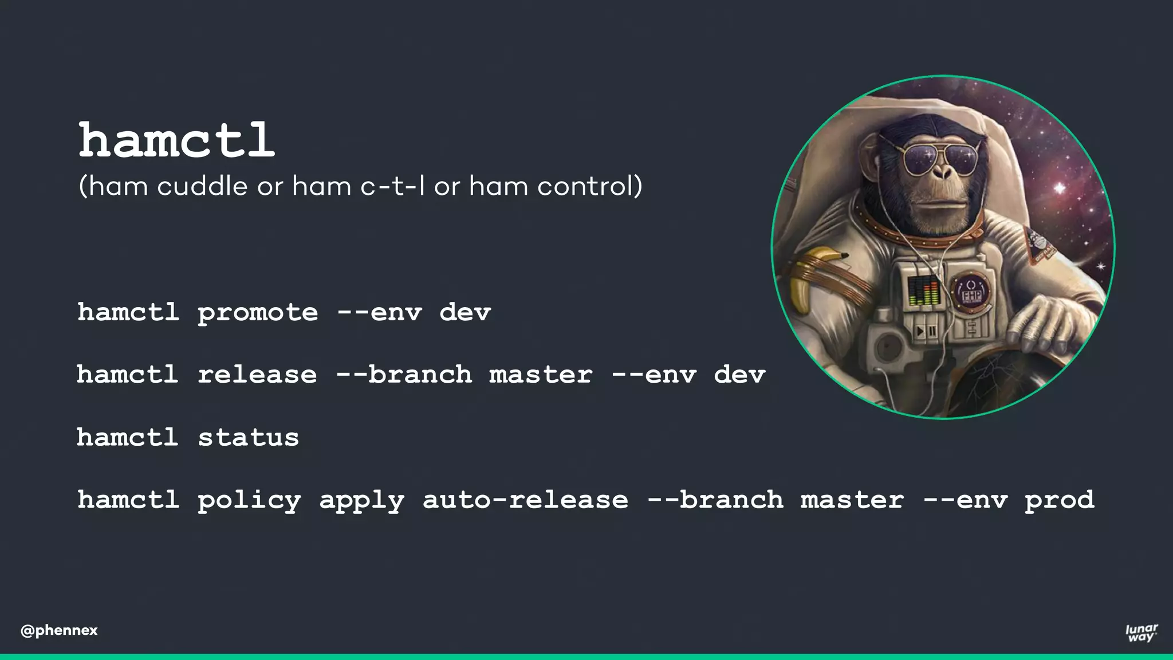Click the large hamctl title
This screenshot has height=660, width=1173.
click(x=176, y=140)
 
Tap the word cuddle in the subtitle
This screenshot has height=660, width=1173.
click(x=202, y=186)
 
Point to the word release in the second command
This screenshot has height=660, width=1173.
click(x=257, y=375)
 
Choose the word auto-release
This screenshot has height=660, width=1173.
click(x=525, y=500)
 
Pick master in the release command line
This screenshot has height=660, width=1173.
click(x=541, y=375)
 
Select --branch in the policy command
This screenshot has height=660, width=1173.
click(x=715, y=500)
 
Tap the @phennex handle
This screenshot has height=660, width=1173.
click(x=59, y=630)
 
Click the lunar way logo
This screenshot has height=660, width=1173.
click(x=1141, y=632)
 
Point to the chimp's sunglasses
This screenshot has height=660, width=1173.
click(x=939, y=158)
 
